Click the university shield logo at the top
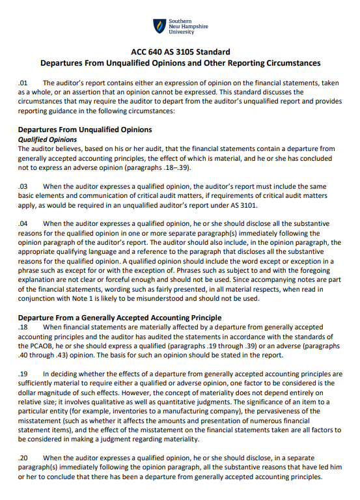pos(159,26)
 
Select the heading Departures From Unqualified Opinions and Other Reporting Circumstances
pos(180,63)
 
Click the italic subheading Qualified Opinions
pos(48,139)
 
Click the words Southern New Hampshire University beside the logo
pos(189,27)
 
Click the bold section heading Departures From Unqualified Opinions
pos(85,130)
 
